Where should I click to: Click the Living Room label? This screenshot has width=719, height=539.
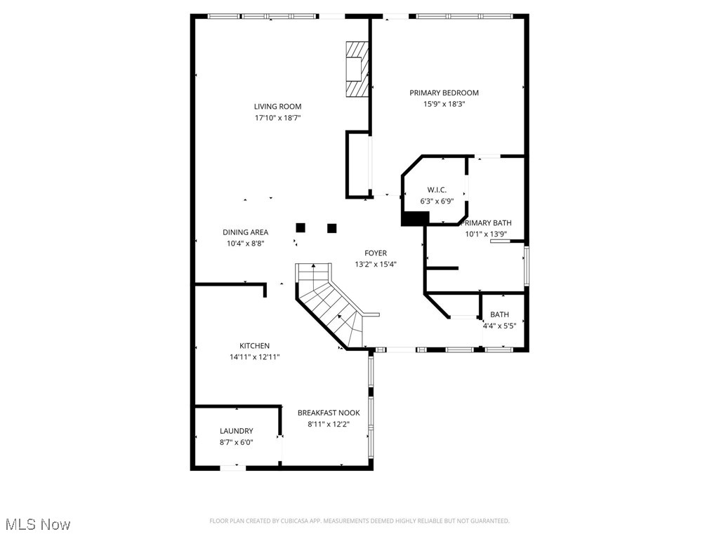coord(277,107)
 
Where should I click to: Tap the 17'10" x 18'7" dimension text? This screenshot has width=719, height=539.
coord(277,118)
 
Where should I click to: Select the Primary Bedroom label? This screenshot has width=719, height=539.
coord(444,93)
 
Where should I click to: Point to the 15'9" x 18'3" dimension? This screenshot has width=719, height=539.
coord(444,104)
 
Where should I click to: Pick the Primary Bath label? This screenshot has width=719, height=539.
coord(488,223)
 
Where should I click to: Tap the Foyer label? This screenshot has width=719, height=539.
coord(375,253)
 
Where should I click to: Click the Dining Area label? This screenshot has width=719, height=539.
coord(245,232)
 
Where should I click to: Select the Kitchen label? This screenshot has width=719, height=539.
coord(254,346)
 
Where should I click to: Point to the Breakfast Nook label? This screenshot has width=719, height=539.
coord(329,413)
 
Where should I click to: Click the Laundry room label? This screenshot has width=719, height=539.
coord(236,431)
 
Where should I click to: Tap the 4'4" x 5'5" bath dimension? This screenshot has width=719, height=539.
coord(499,326)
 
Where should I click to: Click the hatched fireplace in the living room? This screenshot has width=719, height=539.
coord(357,69)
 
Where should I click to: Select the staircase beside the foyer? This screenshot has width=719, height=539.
coord(330,305)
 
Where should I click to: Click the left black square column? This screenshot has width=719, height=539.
coord(301,227)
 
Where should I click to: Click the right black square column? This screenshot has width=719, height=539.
coord(332,227)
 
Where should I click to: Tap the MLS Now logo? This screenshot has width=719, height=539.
coord(37,524)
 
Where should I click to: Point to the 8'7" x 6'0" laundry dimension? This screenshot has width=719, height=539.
coord(236,442)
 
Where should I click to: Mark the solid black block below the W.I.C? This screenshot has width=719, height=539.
coord(414,218)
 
